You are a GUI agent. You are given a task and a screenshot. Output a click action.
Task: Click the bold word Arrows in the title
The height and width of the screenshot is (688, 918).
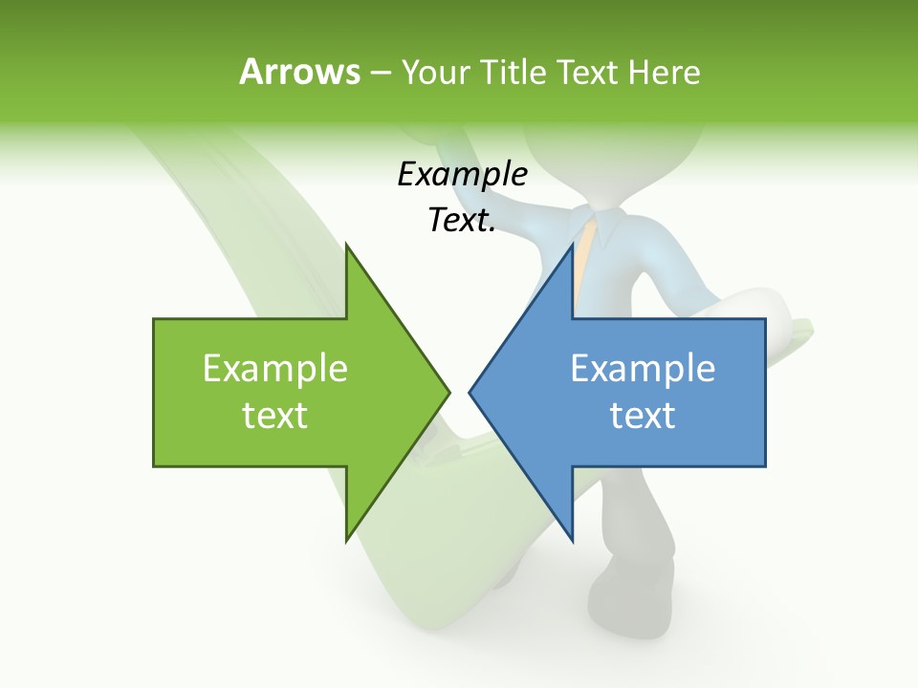point(299,73)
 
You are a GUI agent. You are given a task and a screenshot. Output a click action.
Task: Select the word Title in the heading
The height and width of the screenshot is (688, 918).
point(512,73)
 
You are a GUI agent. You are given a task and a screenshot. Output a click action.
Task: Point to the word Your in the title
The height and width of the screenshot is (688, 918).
point(435,73)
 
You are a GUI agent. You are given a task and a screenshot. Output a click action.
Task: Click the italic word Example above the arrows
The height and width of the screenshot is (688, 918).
point(462,176)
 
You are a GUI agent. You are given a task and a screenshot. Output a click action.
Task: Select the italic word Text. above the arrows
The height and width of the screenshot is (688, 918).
point(462,221)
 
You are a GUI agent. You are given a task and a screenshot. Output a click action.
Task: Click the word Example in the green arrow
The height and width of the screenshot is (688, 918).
point(274,369)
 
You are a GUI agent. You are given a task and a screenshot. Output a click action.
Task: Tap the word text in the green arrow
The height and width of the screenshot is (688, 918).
point(274,416)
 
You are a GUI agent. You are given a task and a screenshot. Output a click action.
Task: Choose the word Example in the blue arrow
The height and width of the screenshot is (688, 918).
point(643,369)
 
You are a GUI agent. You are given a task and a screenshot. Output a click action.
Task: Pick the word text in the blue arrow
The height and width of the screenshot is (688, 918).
point(643,416)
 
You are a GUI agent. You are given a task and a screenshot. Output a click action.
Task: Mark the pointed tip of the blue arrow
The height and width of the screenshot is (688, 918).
point(470,392)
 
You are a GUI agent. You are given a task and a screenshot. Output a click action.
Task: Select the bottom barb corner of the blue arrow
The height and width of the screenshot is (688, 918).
point(572,539)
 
